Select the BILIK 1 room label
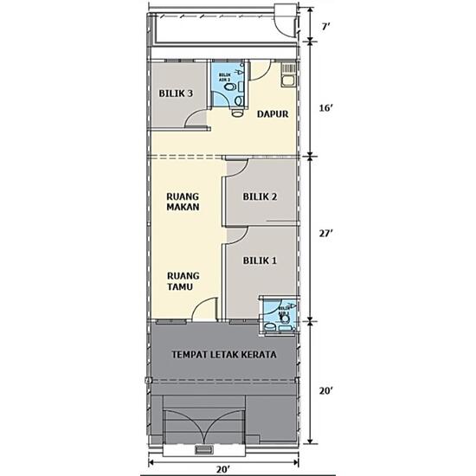coord(260,260)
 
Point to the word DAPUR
coord(272,113)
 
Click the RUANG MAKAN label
coord(183,202)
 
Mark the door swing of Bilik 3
coord(197,122)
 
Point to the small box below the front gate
coord(204,450)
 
